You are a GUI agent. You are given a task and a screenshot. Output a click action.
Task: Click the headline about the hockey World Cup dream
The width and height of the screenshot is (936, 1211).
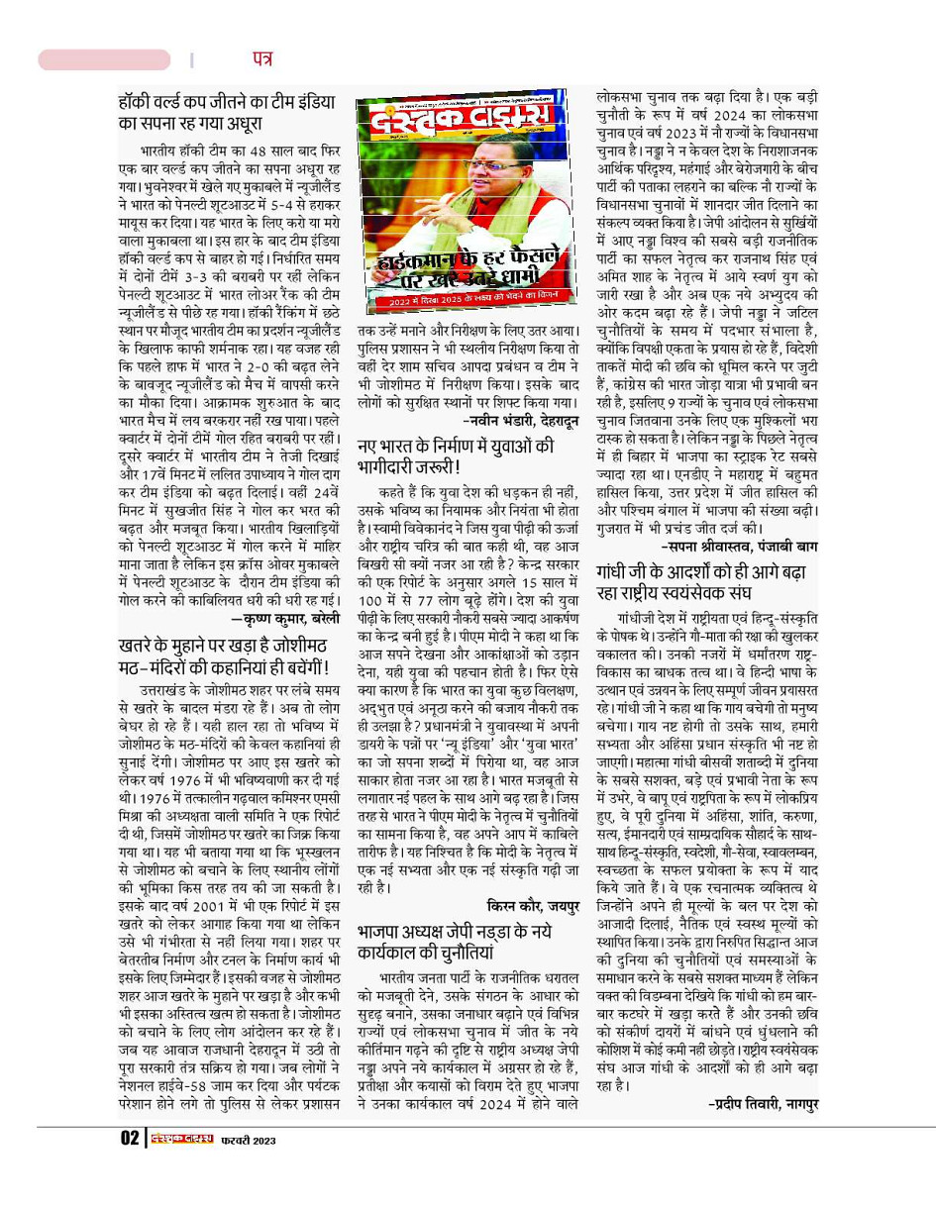point(226,113)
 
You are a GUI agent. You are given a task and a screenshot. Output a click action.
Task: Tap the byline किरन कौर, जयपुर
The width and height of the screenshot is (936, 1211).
point(531,905)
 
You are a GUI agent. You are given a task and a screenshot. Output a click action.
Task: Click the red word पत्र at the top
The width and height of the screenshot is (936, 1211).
point(261,59)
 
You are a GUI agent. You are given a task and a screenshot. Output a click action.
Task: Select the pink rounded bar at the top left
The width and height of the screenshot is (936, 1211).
point(104,60)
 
